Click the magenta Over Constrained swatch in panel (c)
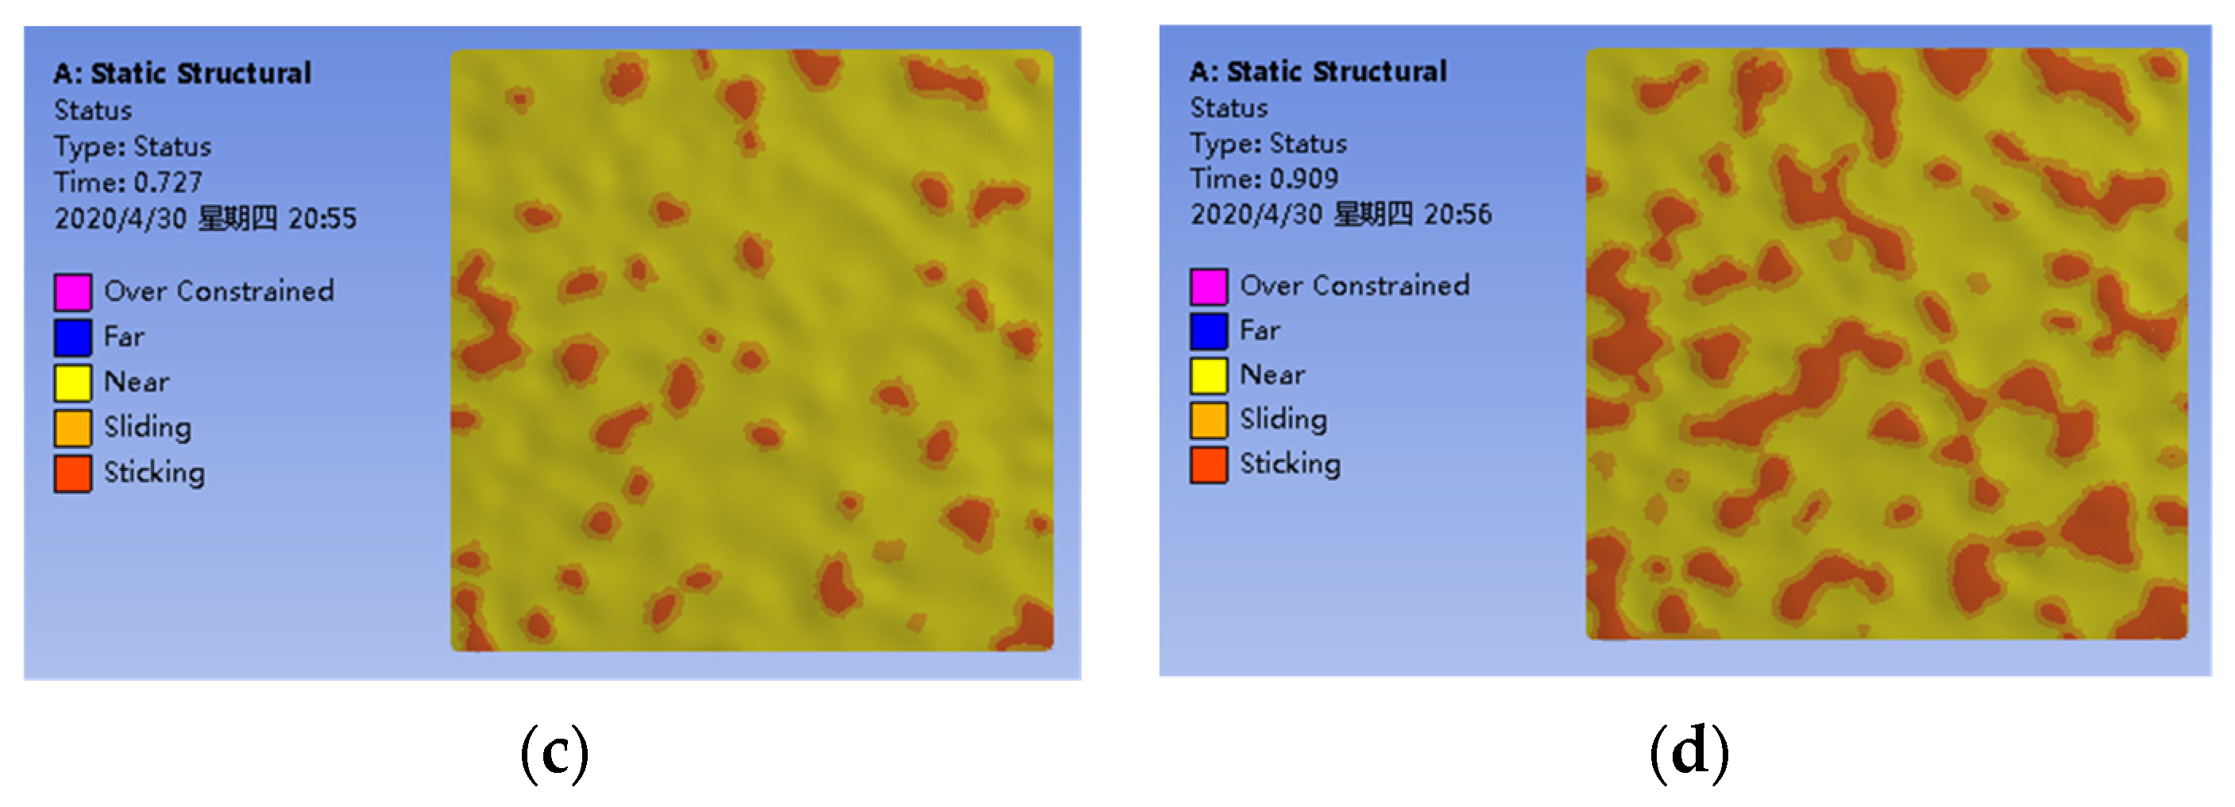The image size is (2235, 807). pos(73,292)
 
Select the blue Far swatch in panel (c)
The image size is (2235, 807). pos(73,338)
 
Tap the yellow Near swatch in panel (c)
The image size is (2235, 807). pos(73,383)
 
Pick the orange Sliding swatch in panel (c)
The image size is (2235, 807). pos(73,428)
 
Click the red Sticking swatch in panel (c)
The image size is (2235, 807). pos(73,473)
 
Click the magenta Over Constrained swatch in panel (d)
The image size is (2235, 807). pos(1209,287)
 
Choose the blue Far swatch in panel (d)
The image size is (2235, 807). pos(1209,330)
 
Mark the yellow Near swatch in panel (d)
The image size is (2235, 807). pos(1209,376)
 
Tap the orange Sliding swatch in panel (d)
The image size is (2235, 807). pos(1209,420)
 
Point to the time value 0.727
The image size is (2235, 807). pos(168,182)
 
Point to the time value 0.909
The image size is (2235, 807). pos(1303,179)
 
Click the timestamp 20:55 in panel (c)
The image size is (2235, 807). pos(322,218)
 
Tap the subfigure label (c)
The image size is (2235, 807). pos(554,753)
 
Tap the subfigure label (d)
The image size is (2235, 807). pos(1689,751)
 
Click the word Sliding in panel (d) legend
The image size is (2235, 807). pos(1283,420)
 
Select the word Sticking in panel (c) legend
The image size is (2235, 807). pos(154,473)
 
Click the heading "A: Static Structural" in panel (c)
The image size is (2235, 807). pos(182,74)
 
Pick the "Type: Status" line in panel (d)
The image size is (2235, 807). pos(1268,143)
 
